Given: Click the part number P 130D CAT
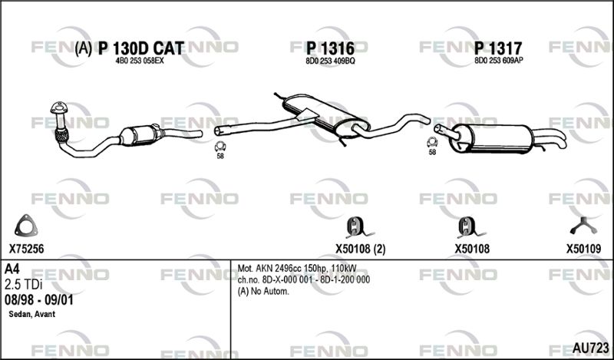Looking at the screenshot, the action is tap(140, 48).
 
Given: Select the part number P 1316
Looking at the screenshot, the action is tap(330, 48).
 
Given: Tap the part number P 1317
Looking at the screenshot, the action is tap(498, 48).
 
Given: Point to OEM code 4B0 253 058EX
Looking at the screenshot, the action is tap(140, 61).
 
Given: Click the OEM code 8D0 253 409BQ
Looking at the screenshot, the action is tap(330, 61).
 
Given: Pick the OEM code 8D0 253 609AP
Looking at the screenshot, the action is tap(499, 61).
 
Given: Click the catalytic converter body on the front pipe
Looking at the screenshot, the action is tap(141, 135).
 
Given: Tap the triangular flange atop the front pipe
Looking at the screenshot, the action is tap(59, 108).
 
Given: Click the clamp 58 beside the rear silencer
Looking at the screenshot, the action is tap(432, 143).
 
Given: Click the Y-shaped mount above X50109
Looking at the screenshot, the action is tap(583, 226).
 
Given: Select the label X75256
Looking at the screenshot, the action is tap(26, 249).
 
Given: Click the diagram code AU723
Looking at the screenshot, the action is tap(590, 348).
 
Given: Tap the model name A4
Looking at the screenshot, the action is tap(12, 269).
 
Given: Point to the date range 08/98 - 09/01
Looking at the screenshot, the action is tap(38, 300).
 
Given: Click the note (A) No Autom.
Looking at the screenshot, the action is tap(263, 292).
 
